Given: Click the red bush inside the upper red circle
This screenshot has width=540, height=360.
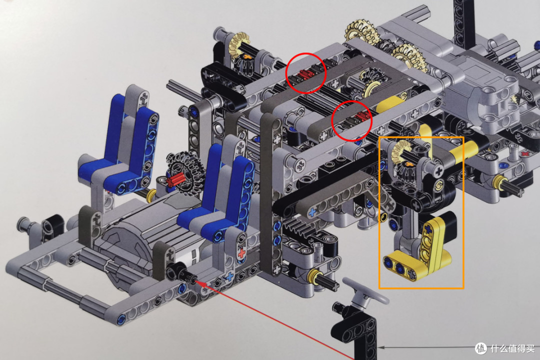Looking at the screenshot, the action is pos(304,74).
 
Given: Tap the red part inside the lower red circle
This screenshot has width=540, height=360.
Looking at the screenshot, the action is pos(361,115).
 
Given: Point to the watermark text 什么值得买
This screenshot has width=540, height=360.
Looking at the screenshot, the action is pos(512,348).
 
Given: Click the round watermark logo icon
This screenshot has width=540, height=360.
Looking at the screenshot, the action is pos(481,348).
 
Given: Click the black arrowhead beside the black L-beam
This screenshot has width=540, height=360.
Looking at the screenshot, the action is pos(381,347).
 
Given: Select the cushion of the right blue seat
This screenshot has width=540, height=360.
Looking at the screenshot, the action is pos(203,220).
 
